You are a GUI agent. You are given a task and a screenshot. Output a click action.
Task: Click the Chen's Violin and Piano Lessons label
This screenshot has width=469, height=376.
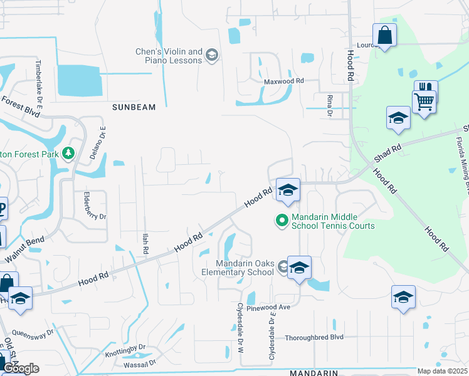(x=169, y=56)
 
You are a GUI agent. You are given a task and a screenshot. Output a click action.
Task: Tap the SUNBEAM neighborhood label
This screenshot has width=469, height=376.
(x=134, y=107)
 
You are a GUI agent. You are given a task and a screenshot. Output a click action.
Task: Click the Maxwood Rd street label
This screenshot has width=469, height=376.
(x=283, y=81)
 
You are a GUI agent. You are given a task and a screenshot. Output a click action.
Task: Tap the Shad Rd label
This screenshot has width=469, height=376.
(x=387, y=154)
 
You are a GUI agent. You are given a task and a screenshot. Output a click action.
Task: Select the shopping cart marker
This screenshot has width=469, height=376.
(x=424, y=100)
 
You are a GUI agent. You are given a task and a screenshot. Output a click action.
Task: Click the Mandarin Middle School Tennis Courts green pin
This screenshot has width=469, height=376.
(x=282, y=220)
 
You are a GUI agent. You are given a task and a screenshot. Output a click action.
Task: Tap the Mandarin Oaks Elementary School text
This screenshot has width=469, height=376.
(x=245, y=268)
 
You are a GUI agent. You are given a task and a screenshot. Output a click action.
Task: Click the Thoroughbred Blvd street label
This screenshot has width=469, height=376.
(x=315, y=337)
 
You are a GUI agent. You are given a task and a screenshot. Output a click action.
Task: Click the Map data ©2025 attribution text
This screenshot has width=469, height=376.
(x=443, y=371)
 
